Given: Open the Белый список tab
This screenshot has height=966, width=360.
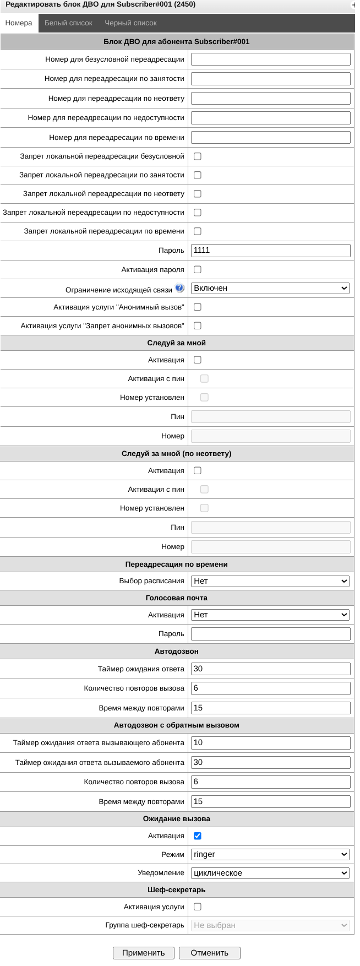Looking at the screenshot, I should pyautogui.click(x=68, y=23).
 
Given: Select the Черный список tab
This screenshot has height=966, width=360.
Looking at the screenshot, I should pyautogui.click(x=130, y=23).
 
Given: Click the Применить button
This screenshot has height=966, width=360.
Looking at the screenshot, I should pyautogui.click(x=143, y=953).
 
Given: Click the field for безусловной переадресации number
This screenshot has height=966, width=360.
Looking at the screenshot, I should pyautogui.click(x=270, y=59).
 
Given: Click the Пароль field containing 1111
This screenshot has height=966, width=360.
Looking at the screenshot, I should pyautogui.click(x=270, y=251).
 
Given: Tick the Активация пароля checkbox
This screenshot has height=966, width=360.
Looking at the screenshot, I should pyautogui.click(x=198, y=270).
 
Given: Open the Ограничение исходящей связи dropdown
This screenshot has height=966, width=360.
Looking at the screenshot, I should pyautogui.click(x=270, y=288).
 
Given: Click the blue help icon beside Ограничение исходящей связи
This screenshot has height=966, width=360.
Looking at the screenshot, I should pyautogui.click(x=179, y=288).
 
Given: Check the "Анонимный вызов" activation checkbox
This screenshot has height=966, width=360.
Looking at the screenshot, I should pyautogui.click(x=198, y=307).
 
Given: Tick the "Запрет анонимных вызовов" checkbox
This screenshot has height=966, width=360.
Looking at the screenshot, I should pyautogui.click(x=198, y=326).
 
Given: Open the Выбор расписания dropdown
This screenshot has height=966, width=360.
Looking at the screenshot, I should pyautogui.click(x=270, y=581).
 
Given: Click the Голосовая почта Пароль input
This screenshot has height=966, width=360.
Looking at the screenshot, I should pyautogui.click(x=270, y=634).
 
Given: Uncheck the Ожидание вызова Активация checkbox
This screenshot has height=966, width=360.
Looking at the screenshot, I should pyautogui.click(x=198, y=836).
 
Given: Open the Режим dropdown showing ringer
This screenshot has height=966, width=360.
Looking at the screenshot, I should pyautogui.click(x=270, y=855).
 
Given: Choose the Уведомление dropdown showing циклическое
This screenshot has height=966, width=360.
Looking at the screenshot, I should pyautogui.click(x=270, y=873).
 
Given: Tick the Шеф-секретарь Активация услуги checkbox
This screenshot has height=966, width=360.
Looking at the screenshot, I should pyautogui.click(x=198, y=907).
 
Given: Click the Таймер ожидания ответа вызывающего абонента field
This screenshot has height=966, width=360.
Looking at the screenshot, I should pyautogui.click(x=270, y=743).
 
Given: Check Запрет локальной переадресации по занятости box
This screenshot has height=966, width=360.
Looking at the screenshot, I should pyautogui.click(x=198, y=175).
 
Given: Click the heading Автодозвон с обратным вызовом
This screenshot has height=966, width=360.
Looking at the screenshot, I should pyautogui.click(x=177, y=725).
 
